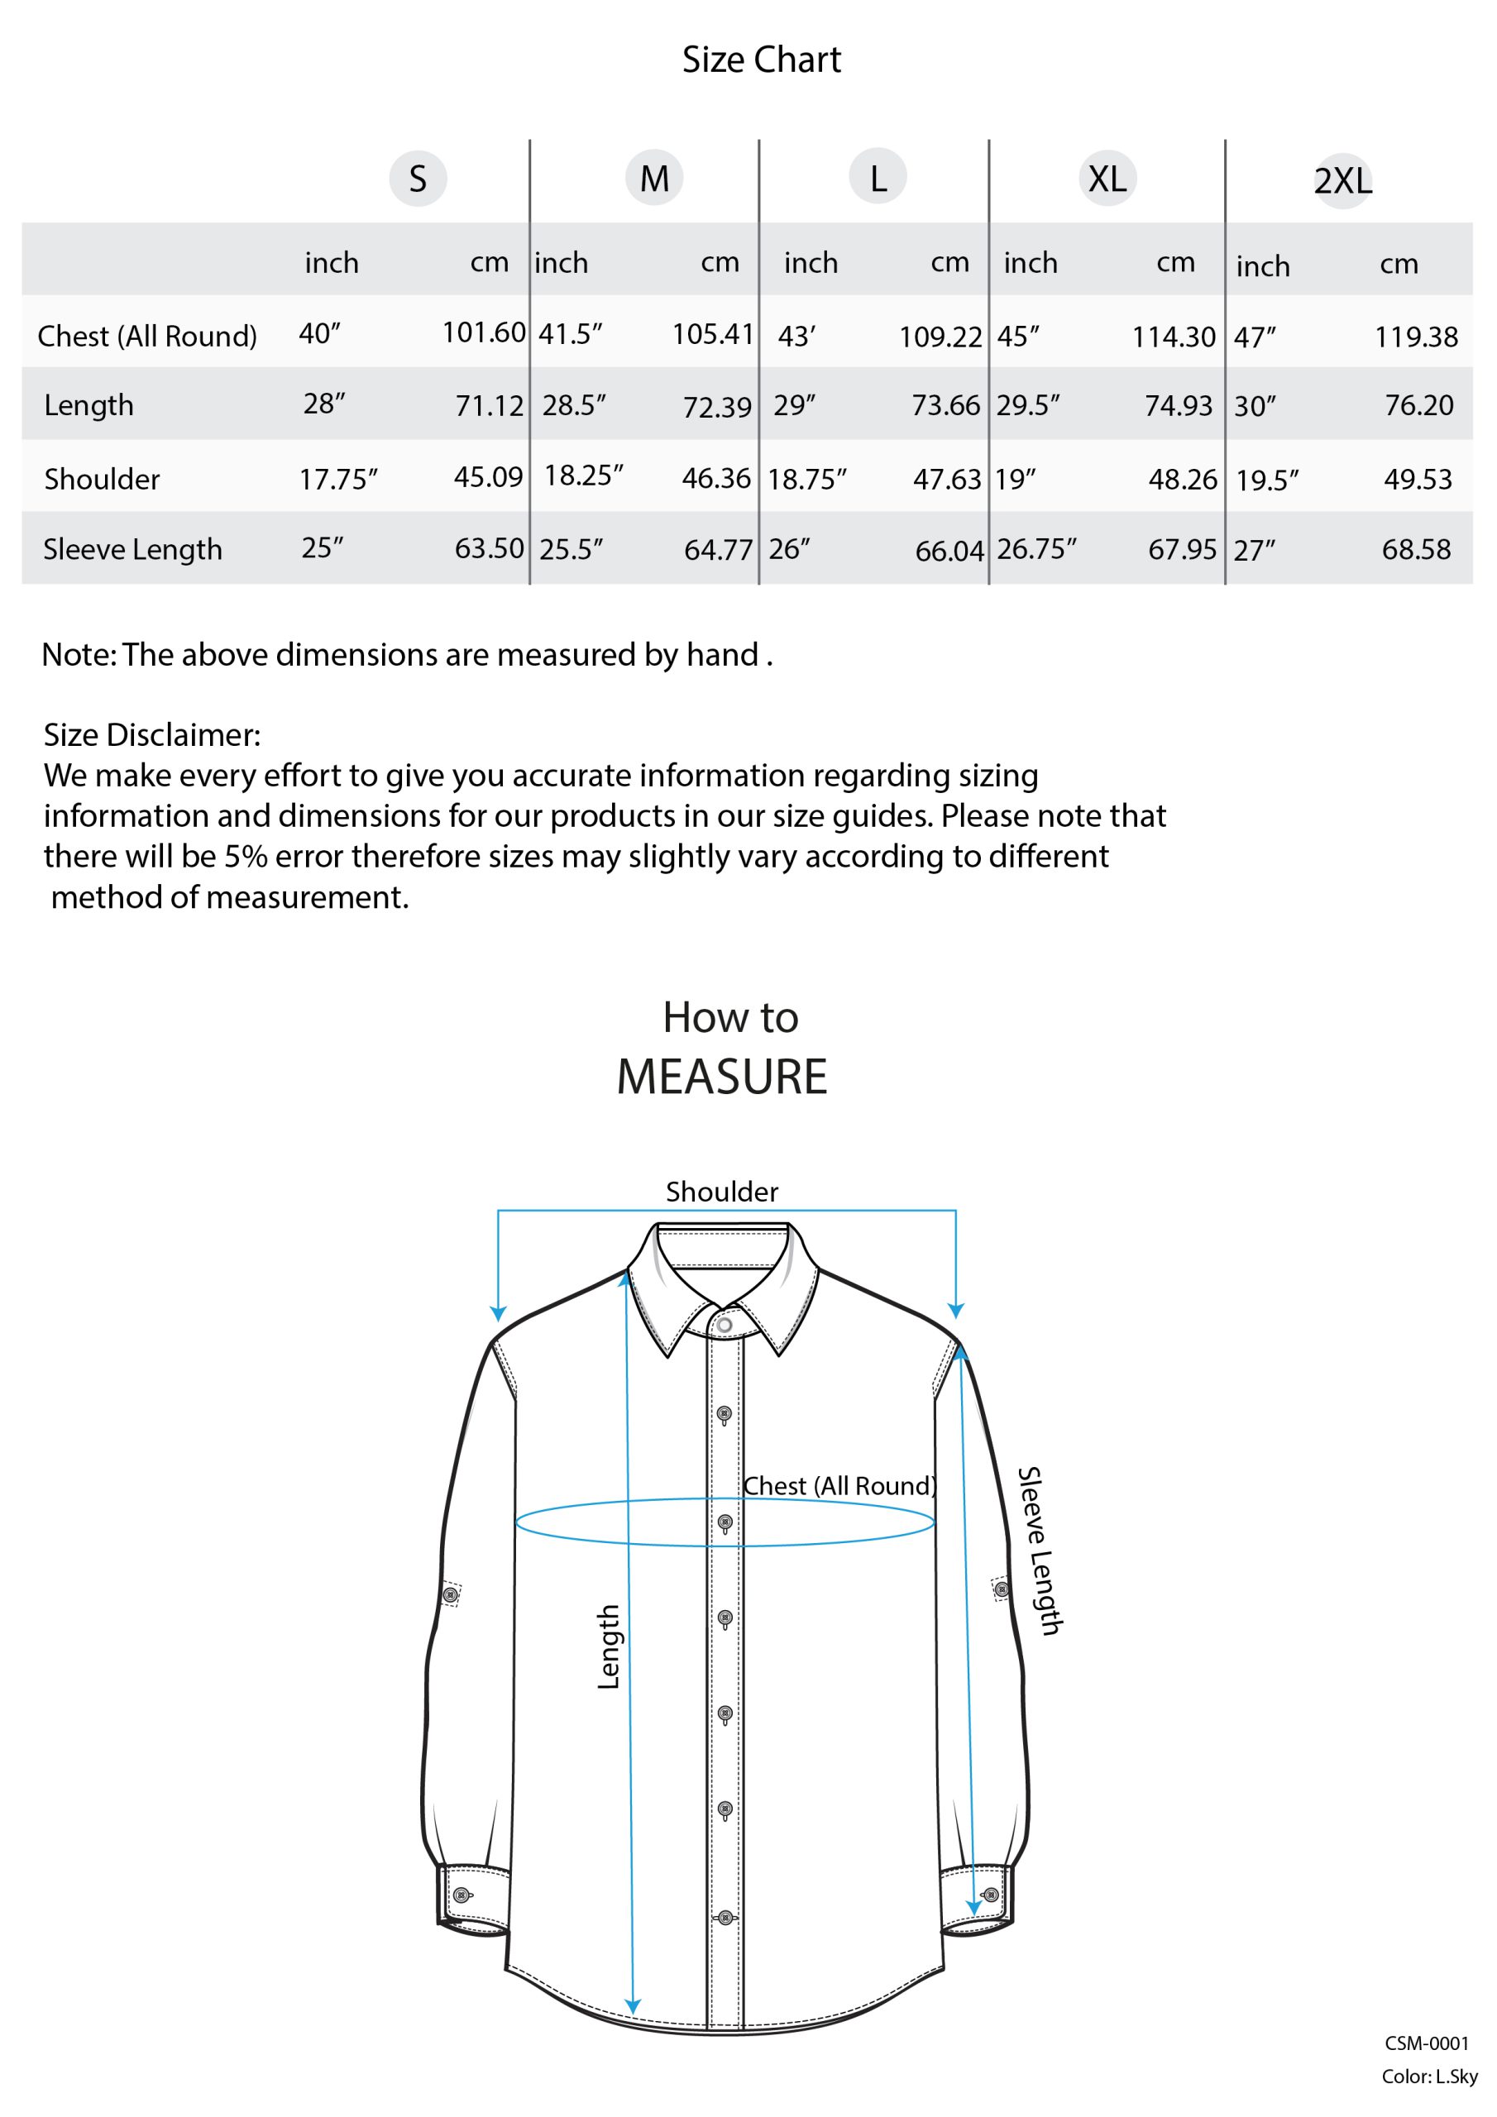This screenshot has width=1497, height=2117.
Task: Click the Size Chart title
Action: (x=761, y=60)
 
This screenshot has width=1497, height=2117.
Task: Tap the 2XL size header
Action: (x=1342, y=181)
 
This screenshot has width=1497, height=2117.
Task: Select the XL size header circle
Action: (x=1107, y=178)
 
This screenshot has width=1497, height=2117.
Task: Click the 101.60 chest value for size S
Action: (x=483, y=332)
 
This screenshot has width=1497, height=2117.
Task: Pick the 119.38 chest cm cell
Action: (x=1416, y=337)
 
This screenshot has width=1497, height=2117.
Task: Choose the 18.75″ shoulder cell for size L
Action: (x=806, y=480)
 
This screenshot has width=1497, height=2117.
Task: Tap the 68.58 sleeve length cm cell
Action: (x=1416, y=550)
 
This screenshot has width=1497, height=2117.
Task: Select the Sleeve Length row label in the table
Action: (x=133, y=550)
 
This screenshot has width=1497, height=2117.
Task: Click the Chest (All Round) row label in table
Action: (x=146, y=337)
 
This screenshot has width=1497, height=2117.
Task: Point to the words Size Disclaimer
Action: (x=152, y=735)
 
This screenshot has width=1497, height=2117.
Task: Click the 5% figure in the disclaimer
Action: (x=246, y=857)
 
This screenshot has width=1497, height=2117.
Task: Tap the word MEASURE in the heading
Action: (x=721, y=1077)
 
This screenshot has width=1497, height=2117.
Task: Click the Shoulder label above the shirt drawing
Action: (x=721, y=1192)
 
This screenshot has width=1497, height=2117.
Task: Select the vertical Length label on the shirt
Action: (x=609, y=1646)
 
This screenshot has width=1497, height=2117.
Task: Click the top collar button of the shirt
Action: (x=725, y=1326)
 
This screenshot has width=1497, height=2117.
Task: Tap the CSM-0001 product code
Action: (x=1426, y=2043)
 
